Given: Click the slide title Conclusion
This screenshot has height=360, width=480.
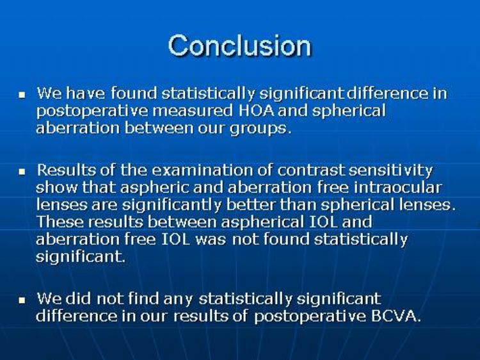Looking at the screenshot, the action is (x=240, y=45).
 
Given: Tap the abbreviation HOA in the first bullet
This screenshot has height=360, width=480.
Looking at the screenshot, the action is (x=256, y=111).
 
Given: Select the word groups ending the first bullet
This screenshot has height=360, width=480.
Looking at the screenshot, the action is (x=259, y=129).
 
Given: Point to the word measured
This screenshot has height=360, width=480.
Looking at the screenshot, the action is (x=192, y=111).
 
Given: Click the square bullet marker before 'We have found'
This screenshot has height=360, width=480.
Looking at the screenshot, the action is (x=22, y=95).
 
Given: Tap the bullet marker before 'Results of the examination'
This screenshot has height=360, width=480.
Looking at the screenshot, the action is (x=22, y=172).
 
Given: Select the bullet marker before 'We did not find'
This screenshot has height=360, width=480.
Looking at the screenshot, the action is (x=22, y=300).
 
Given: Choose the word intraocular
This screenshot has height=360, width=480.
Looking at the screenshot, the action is (x=397, y=188).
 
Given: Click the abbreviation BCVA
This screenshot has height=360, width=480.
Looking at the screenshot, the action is (x=396, y=316).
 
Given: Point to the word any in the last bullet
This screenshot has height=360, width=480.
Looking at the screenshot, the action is (x=178, y=300).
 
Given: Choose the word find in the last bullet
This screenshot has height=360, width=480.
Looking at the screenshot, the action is (x=143, y=299).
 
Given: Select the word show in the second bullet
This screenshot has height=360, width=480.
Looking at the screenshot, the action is (x=57, y=188).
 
